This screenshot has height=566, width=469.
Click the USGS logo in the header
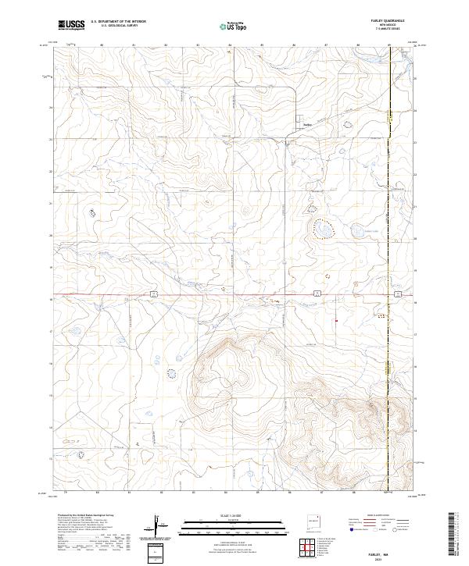[71, 25]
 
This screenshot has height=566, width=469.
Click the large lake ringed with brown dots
[322, 229]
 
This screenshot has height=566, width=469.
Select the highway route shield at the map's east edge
[398, 294]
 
